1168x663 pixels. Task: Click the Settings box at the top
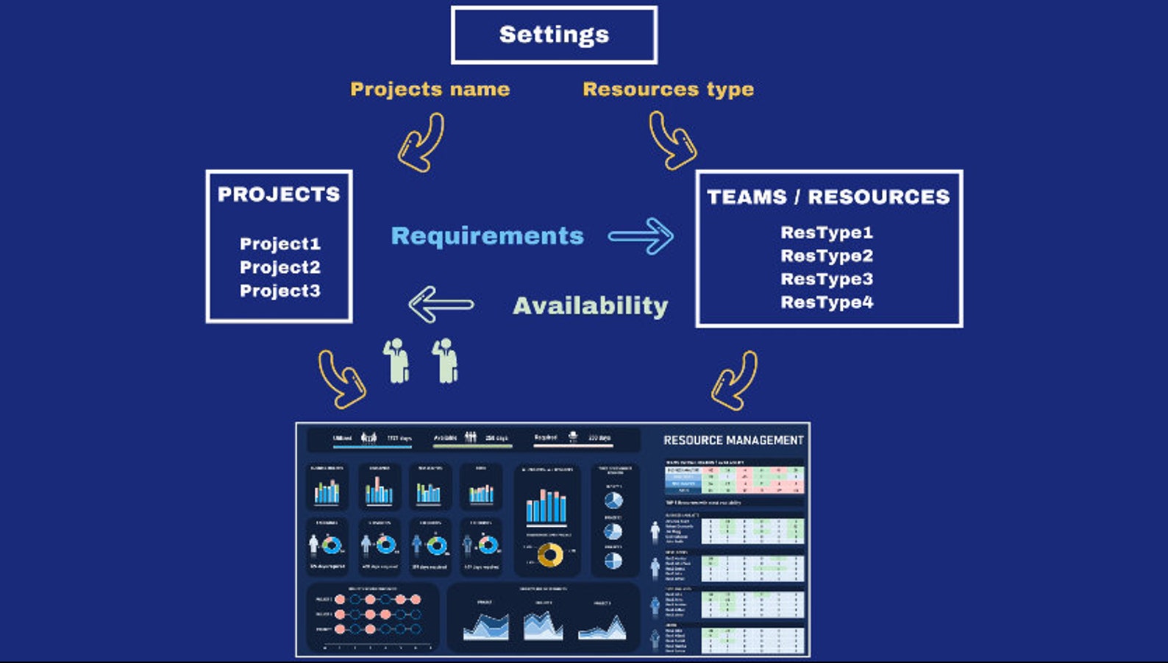point(554,35)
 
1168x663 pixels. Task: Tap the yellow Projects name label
point(430,89)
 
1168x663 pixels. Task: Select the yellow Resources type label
point(668,89)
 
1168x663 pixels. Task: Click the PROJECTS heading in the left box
point(279,194)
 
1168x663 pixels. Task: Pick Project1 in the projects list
point(279,244)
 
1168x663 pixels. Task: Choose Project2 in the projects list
point(279,267)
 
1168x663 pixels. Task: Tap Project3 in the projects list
point(279,291)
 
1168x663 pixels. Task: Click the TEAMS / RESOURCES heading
point(828,197)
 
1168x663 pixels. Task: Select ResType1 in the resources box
point(827,233)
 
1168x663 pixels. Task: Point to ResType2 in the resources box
point(827,256)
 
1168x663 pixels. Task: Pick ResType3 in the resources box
point(827,279)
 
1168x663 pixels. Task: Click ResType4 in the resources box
point(827,302)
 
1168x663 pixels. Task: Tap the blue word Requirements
point(487,235)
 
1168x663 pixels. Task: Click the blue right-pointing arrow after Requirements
point(641,235)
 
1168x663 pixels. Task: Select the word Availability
point(590,305)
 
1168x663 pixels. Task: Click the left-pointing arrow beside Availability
point(440,305)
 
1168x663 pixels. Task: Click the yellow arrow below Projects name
point(421,143)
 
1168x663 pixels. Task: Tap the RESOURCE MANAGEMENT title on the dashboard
point(733,440)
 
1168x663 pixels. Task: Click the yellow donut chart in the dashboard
point(549,554)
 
